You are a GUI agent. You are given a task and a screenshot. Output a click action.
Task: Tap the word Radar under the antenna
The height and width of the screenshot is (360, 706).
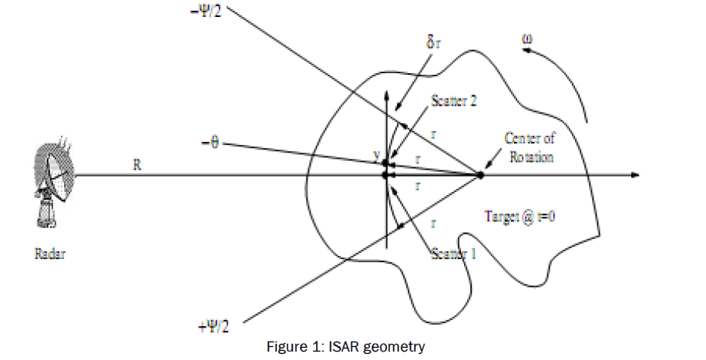(x=50, y=252)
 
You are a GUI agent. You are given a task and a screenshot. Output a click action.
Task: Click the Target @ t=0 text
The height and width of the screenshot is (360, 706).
(x=522, y=216)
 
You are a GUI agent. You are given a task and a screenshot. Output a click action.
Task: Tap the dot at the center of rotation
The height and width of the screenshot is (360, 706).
(x=480, y=176)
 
